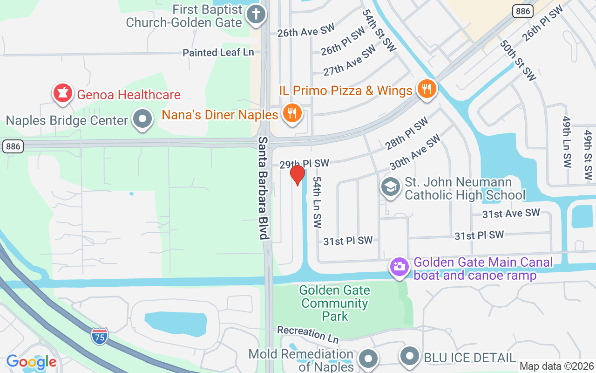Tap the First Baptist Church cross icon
coord(255,14)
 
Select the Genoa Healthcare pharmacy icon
coord(62,94)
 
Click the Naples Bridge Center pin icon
coord(142,119)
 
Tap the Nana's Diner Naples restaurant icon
coord(292,113)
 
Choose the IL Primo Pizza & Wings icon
coord(426,89)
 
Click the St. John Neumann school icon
coord(390,187)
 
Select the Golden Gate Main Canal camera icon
coord(399,267)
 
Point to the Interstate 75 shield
coord(99,336)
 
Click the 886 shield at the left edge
coord(13,146)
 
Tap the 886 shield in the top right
coord(522,11)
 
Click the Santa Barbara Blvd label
coord(264,188)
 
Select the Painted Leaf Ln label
coord(218,52)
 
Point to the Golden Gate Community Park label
coord(335,303)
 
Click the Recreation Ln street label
coord(308,333)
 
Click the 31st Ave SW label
coord(511,214)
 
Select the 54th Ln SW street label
coord(317,202)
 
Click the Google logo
coord(31,362)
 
